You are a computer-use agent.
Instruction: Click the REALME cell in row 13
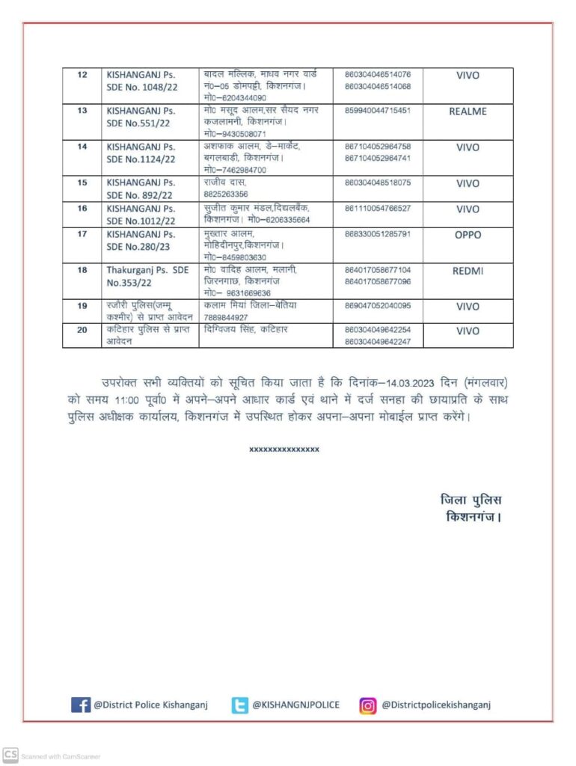(468, 111)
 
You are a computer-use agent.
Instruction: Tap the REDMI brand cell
(468, 271)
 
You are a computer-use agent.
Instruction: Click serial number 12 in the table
(82, 75)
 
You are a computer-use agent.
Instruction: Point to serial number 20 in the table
(82, 329)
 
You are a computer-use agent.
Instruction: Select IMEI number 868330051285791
(378, 234)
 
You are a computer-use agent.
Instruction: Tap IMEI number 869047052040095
(378, 305)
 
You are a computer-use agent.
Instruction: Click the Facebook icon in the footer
(80, 705)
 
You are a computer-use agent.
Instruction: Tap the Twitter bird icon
(239, 705)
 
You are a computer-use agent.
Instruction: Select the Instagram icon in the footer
(367, 705)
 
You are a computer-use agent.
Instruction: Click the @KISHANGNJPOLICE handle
(295, 705)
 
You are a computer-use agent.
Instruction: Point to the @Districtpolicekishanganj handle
(436, 705)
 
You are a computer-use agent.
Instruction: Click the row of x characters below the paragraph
(284, 450)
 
